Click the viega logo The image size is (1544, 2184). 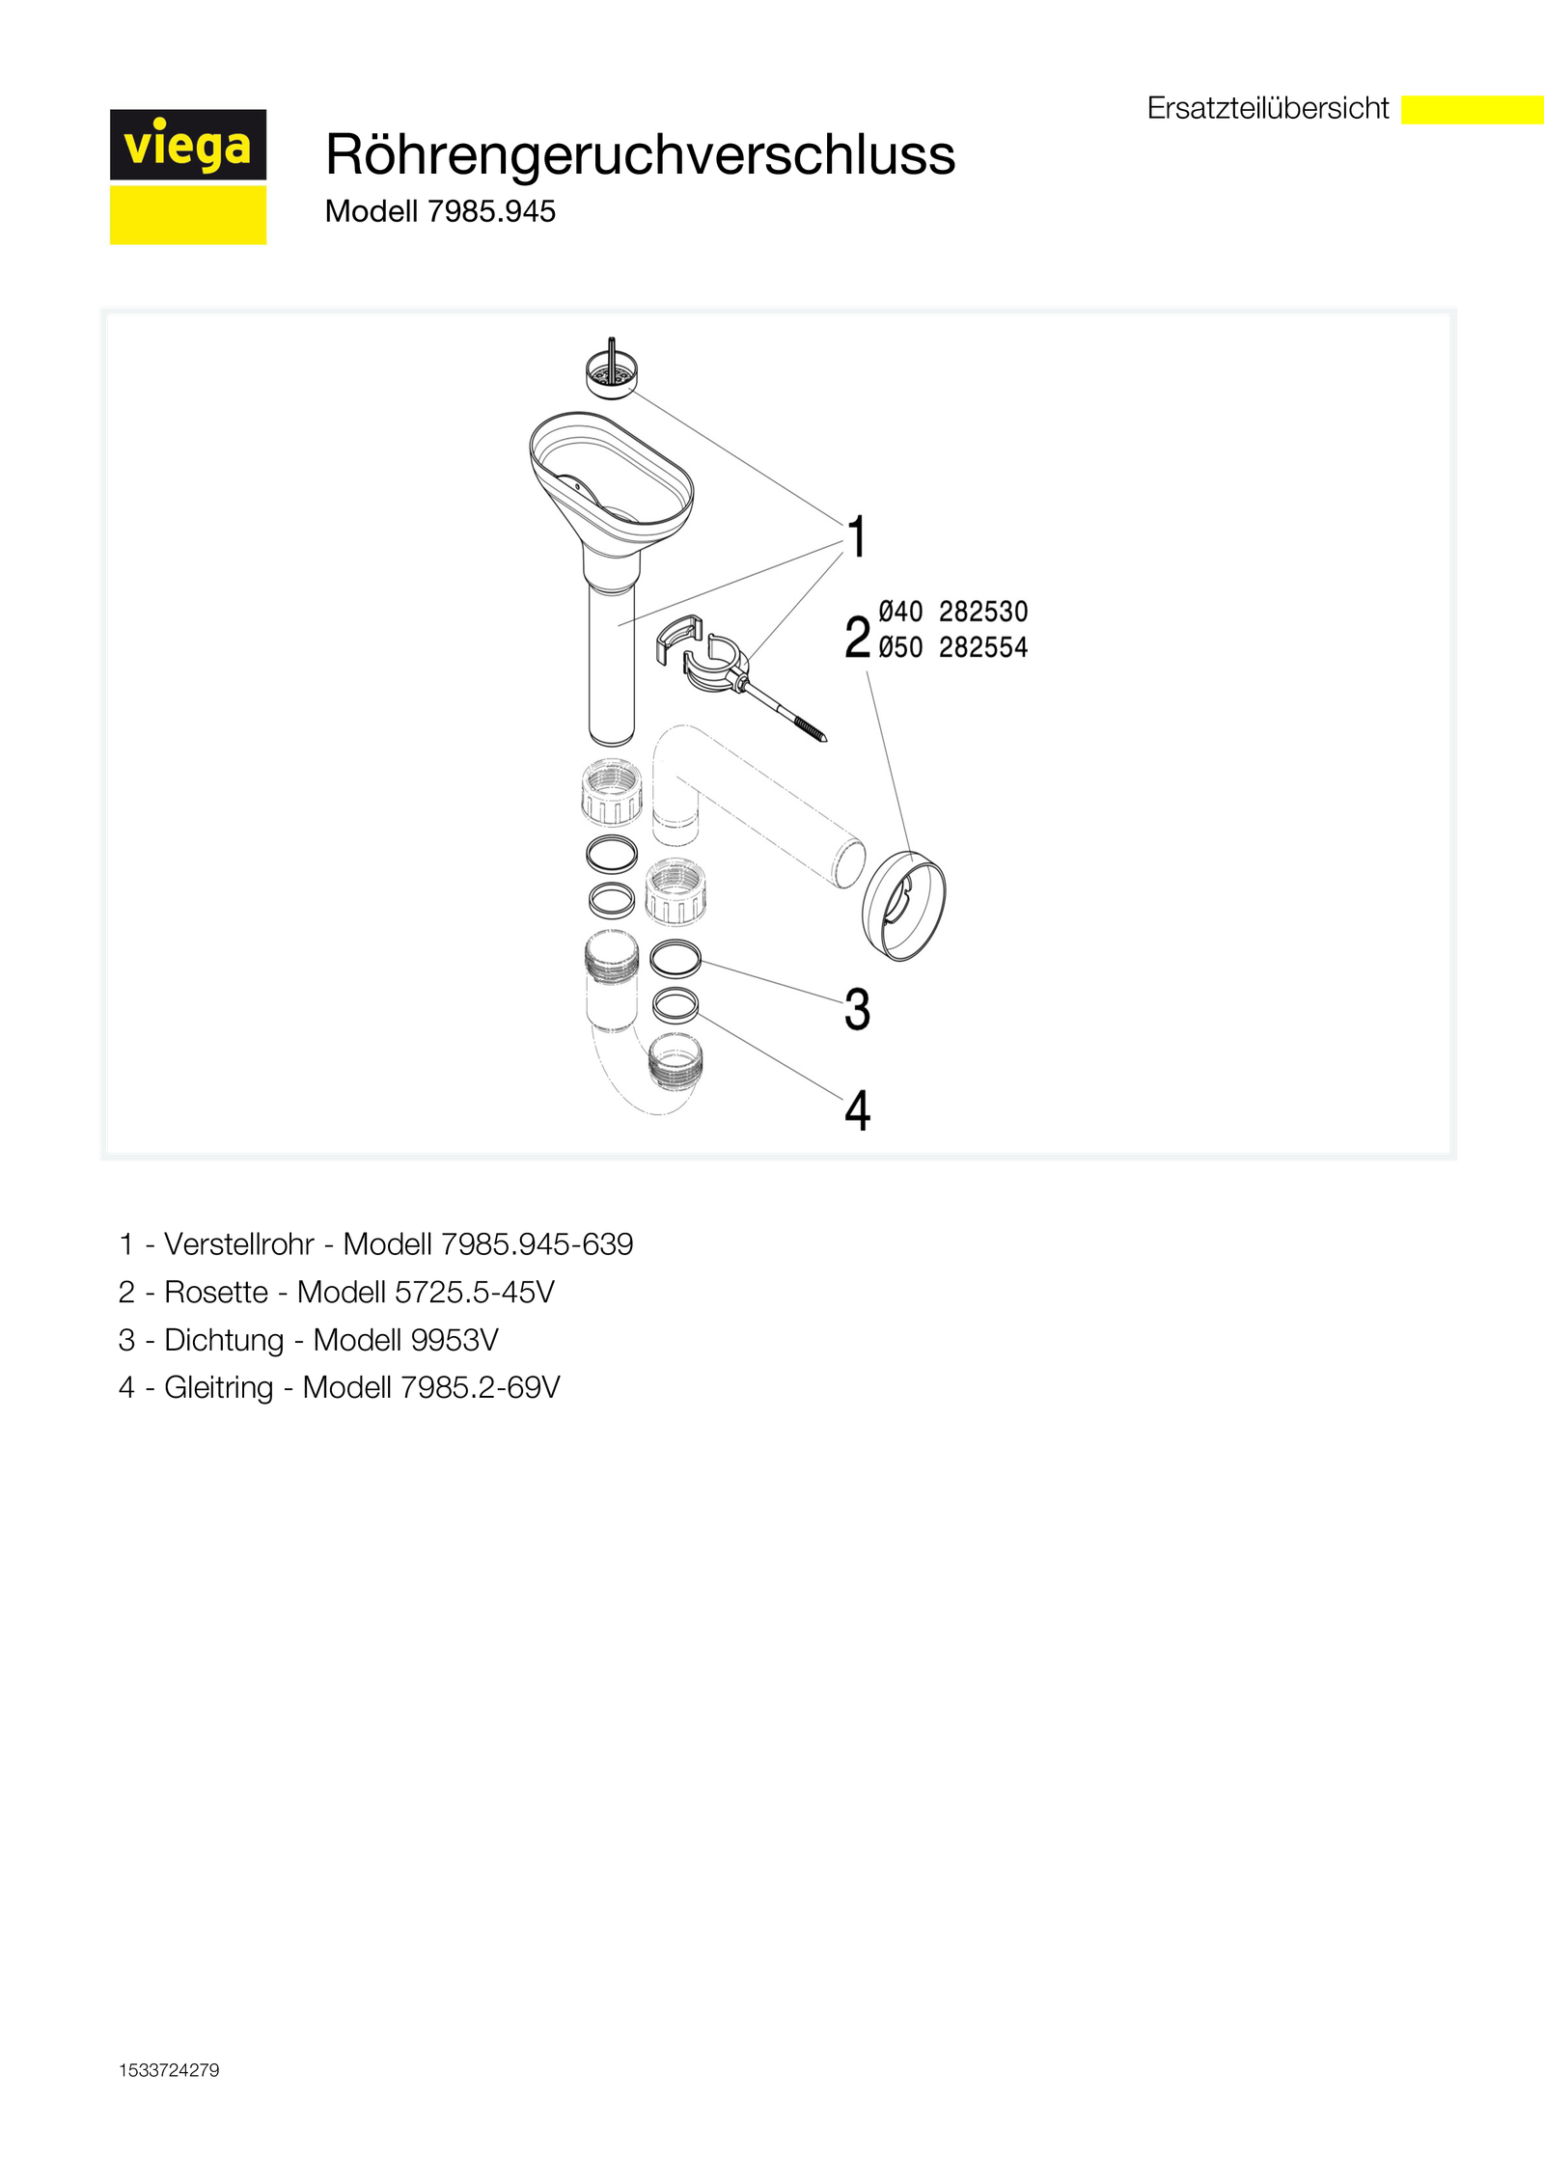188,177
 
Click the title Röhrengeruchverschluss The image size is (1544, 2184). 640,154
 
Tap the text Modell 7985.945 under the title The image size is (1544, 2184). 440,211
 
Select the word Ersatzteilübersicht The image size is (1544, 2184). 1267,108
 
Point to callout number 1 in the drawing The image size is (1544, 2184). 856,536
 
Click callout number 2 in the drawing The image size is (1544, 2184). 857,638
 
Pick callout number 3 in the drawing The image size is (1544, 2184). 857,1009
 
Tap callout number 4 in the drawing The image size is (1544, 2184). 857,1109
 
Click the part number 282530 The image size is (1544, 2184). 983,612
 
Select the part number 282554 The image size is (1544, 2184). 983,647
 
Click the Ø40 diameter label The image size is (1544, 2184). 900,612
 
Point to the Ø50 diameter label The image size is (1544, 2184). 900,647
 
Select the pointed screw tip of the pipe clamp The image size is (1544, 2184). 824,739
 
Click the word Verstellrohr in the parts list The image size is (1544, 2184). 239,1244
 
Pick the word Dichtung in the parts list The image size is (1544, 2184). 224,1340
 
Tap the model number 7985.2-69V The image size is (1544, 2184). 480,1387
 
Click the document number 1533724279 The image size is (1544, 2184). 169,2070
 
